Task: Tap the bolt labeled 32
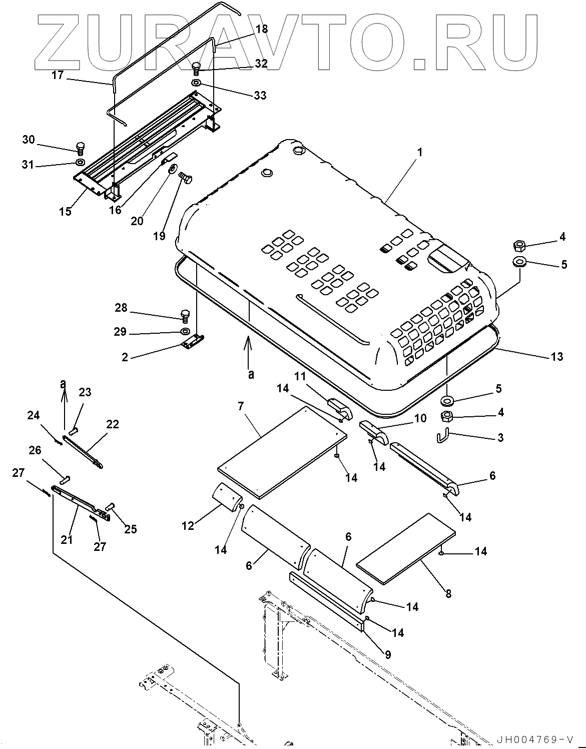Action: (x=197, y=68)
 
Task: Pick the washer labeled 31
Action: (x=80, y=162)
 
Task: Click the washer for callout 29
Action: (x=184, y=331)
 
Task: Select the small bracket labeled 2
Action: (x=192, y=343)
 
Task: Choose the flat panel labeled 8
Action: (x=405, y=549)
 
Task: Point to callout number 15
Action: (x=65, y=211)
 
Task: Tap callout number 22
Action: (x=113, y=424)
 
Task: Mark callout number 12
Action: (x=188, y=525)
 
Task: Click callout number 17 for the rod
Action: (x=58, y=76)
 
